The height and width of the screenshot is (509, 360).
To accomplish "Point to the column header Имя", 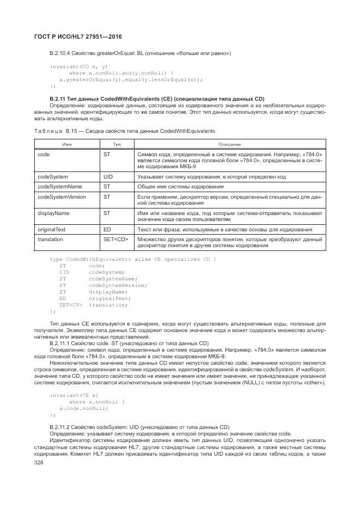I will point(67,144).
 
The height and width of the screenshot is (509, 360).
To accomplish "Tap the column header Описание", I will point(229,144).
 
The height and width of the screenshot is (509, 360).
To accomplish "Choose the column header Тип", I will point(117,144).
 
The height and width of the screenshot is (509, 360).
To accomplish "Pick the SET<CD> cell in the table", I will point(115,239).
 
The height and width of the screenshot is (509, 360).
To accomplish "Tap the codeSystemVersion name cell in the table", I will point(62,197).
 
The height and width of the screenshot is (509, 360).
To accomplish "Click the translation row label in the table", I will point(50,239).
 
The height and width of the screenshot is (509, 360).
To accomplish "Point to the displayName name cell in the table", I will point(53,213).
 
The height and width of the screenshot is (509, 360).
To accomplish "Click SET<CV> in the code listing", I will point(70,305).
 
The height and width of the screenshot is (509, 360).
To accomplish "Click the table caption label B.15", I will point(73,131).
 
